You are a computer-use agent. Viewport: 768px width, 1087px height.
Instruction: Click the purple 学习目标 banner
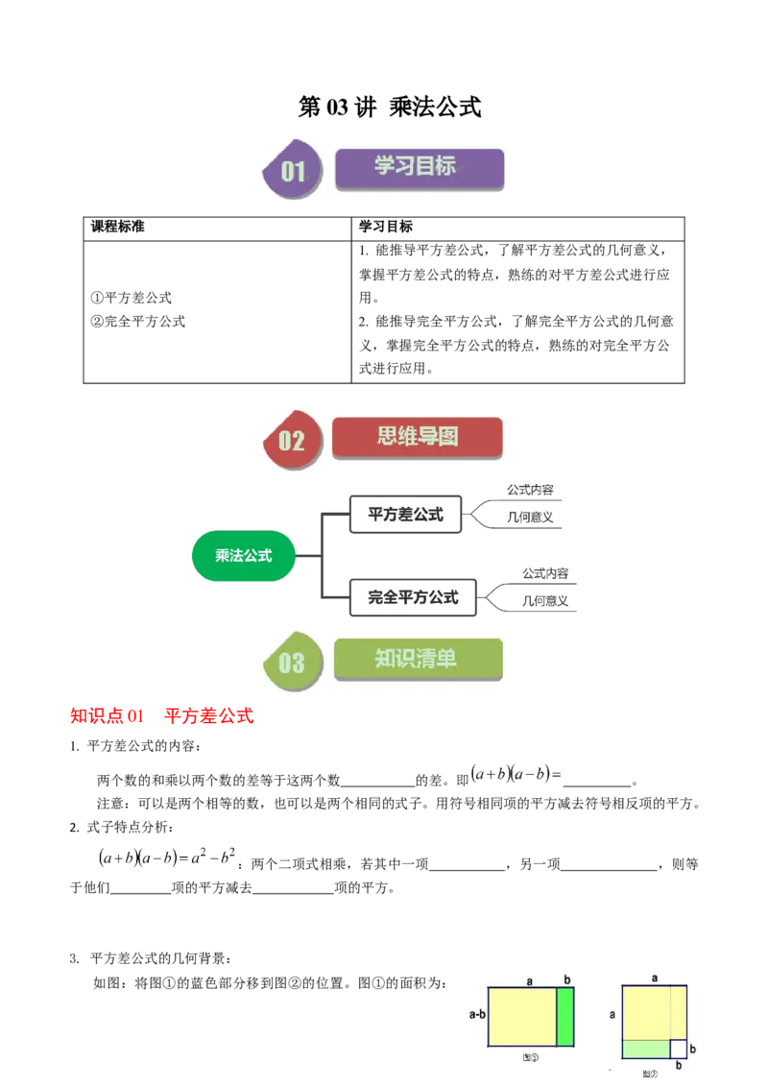(420, 167)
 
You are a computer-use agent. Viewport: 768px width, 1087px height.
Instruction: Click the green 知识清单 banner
(418, 659)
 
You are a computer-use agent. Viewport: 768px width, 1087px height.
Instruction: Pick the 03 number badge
(291, 662)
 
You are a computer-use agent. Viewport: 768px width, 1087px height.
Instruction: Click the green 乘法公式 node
(243, 556)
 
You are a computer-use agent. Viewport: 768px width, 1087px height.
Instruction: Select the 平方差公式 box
(406, 515)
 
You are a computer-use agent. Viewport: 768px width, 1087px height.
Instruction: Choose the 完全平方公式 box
(414, 597)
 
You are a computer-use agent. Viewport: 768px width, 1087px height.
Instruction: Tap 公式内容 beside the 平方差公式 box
(531, 490)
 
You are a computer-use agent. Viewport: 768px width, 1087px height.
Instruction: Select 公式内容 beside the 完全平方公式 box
(545, 573)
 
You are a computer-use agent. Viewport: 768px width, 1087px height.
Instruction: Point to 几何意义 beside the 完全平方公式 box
(545, 602)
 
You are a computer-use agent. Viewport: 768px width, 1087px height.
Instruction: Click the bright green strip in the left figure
(565, 1017)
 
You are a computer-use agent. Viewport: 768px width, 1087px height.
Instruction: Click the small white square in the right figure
(678, 1049)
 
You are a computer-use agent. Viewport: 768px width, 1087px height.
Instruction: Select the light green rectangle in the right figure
(645, 1049)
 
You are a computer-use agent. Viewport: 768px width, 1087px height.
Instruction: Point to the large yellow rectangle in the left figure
(522, 1017)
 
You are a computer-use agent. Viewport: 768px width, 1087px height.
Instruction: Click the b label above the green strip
(566, 979)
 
